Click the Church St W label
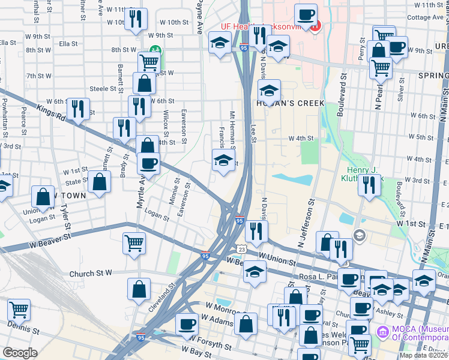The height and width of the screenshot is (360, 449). click(91, 273)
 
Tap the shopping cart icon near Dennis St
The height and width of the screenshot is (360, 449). click(19, 310)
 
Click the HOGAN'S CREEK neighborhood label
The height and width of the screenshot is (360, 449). click(291, 103)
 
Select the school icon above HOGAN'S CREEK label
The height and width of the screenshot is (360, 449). click(270, 91)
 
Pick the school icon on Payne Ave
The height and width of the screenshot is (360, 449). click(220, 43)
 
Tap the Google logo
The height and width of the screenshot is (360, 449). click(20, 353)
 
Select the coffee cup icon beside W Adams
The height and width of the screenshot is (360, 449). click(187, 324)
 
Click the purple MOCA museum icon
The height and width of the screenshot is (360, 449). click(382, 332)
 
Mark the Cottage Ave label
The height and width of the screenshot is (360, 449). click(427, 17)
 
